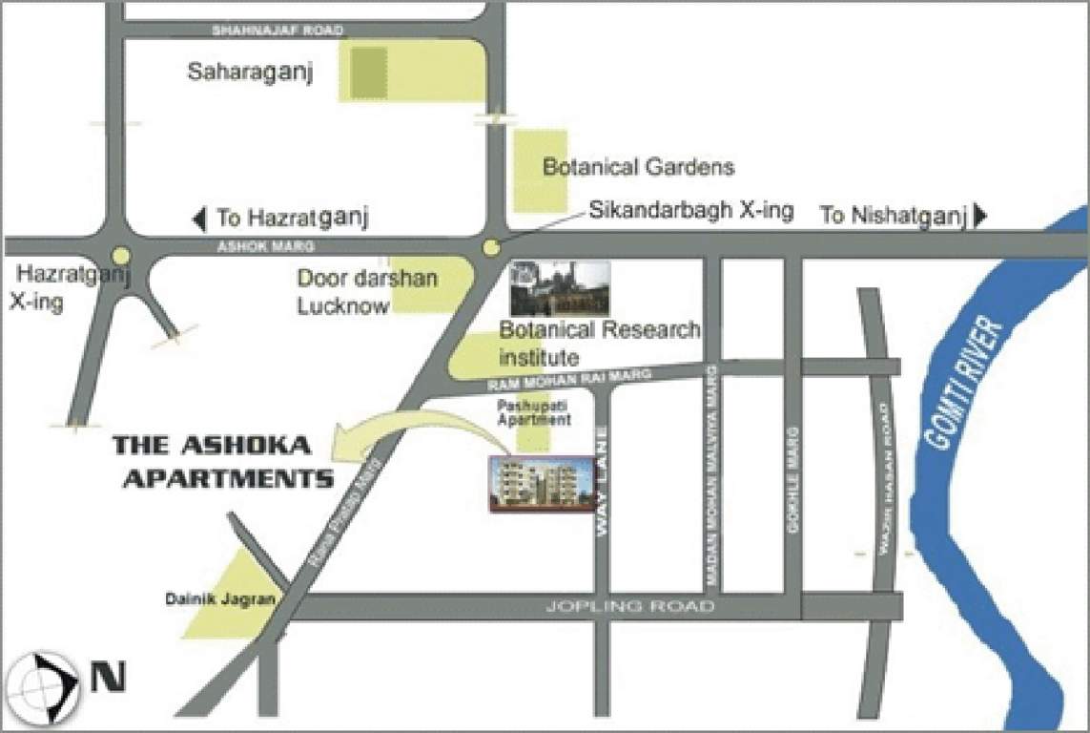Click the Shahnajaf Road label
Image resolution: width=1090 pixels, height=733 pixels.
277,31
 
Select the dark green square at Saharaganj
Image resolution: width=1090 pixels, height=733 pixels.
368,73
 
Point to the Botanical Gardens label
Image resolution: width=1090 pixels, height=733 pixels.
638,168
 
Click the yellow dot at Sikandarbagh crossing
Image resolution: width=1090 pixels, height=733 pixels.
491,248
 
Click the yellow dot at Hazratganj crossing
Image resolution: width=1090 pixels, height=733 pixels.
121,256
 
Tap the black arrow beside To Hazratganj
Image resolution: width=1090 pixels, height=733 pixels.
198,220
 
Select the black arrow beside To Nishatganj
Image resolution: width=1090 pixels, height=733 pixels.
980,217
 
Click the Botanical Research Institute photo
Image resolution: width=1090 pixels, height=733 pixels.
560,289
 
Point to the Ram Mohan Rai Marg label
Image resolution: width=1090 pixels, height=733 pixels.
569,380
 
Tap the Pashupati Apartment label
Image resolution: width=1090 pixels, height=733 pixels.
534,413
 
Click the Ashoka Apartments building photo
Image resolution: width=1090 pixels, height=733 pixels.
536,485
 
